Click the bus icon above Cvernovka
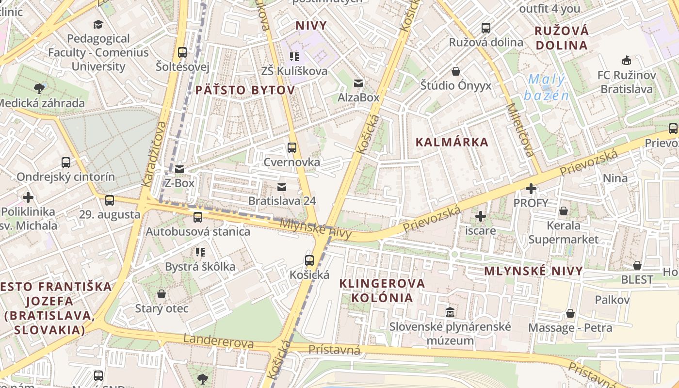click(x=292, y=148)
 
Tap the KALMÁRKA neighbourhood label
click(x=452, y=142)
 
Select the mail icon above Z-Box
click(x=179, y=169)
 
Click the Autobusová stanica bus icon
click(x=197, y=217)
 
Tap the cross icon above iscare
click(x=481, y=216)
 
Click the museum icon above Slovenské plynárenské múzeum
click(x=450, y=312)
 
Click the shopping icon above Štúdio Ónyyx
click(x=456, y=72)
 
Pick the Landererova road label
click(x=218, y=341)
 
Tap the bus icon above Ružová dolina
click(x=486, y=28)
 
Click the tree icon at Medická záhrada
click(x=39, y=88)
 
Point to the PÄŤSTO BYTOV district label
click(x=245, y=90)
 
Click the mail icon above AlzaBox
click(x=358, y=83)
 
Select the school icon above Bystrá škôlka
click(x=200, y=252)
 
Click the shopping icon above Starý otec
click(x=162, y=294)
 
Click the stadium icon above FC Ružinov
click(x=627, y=61)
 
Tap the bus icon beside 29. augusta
click(x=110, y=200)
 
